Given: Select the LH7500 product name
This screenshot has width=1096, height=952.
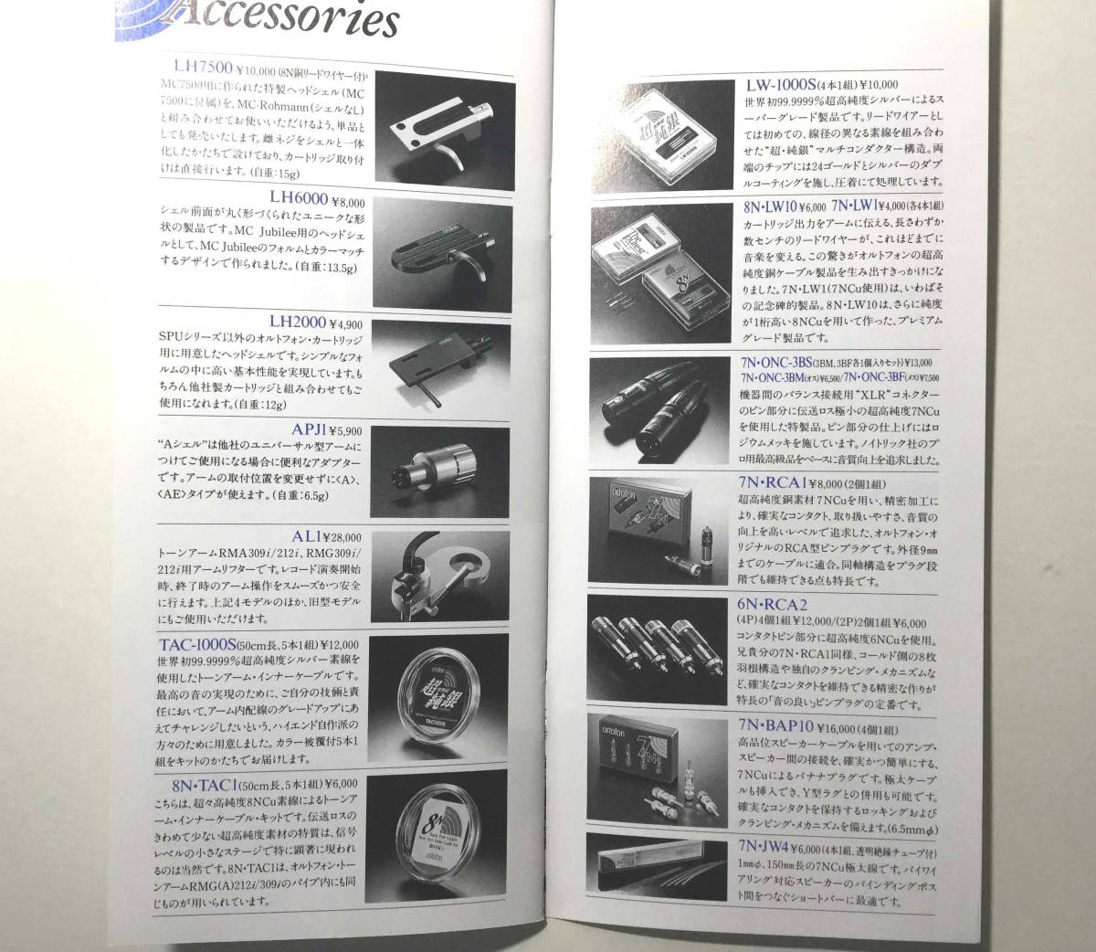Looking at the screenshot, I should coord(203,65).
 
